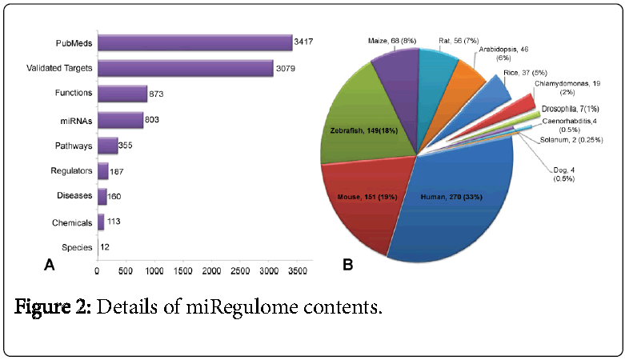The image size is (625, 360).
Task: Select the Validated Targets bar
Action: (x=185, y=68)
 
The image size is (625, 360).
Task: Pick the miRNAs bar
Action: (x=120, y=120)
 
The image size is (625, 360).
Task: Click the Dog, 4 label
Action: (x=563, y=173)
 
